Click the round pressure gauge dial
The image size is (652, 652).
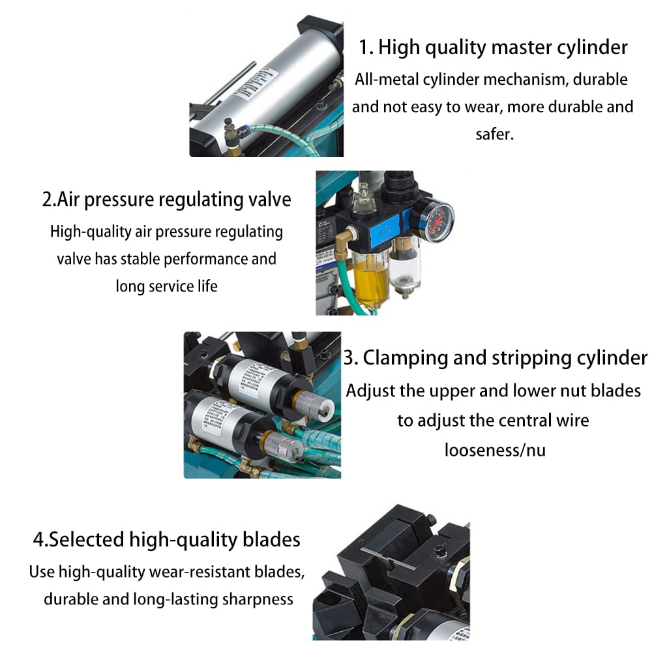pyautogui.click(x=436, y=219)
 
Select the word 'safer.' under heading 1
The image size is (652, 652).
pyautogui.click(x=495, y=134)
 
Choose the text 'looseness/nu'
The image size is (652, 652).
pyautogui.click(x=495, y=450)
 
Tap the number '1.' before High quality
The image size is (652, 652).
pyautogui.click(x=366, y=47)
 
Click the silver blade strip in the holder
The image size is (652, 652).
pyautogui.click(x=386, y=558)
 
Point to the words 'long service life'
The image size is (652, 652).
pyautogui.click(x=166, y=286)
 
